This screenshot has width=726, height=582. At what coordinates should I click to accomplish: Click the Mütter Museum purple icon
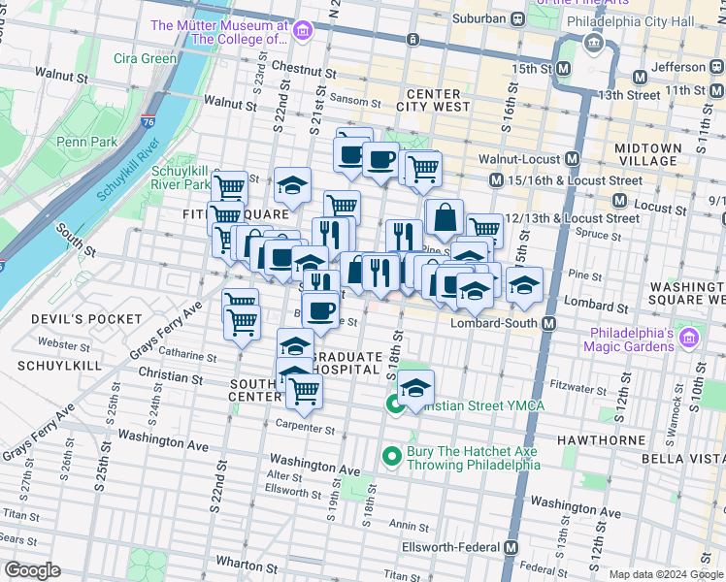(302, 32)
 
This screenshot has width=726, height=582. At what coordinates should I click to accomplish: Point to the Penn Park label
(86, 142)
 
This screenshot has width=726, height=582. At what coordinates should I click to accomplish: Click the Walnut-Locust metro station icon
(573, 158)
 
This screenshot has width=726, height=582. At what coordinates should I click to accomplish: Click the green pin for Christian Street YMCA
(396, 404)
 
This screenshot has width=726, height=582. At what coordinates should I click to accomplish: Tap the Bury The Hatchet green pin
(392, 454)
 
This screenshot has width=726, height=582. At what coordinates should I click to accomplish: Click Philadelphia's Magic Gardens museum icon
(689, 339)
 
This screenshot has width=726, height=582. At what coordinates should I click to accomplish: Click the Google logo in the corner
(32, 570)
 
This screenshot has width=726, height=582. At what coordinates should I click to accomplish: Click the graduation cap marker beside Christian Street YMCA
(415, 388)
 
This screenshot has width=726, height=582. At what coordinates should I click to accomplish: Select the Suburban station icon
(518, 17)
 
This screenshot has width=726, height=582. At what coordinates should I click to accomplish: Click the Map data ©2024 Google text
(666, 574)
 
